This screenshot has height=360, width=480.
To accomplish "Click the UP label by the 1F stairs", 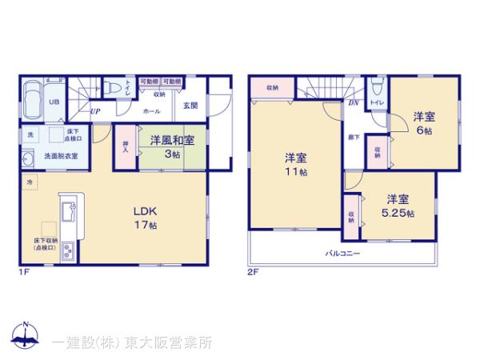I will (95, 111).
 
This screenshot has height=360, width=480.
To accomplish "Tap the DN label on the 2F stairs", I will (353, 102).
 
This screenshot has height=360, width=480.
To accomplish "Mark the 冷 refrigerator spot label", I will (29, 183).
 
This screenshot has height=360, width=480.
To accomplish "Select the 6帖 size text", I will (423, 130).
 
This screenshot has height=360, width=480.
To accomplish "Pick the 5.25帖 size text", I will (398, 214).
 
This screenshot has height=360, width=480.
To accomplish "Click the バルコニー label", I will (342, 254).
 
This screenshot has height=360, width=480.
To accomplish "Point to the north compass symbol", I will (26, 334).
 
